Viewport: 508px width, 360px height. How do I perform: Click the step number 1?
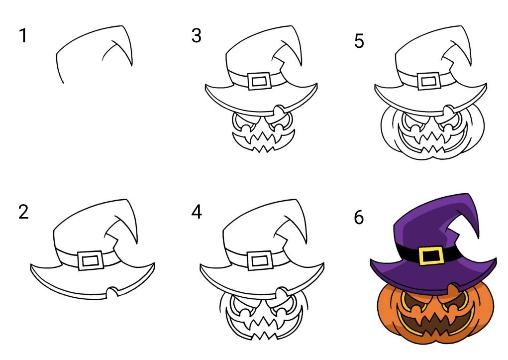(23, 36)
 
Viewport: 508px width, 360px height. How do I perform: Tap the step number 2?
(23, 212)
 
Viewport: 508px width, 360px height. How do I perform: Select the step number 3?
(197, 36)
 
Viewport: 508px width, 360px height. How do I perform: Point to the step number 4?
(197, 212)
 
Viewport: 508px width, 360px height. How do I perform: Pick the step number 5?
(359, 41)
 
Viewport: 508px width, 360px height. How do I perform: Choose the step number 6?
(359, 217)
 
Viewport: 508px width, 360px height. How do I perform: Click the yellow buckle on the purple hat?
(431, 255)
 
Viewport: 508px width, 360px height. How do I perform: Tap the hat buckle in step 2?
(91, 260)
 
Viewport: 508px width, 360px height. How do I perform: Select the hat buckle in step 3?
(260, 81)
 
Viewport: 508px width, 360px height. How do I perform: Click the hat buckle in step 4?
(260, 260)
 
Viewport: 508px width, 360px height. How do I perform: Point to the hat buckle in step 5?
(429, 81)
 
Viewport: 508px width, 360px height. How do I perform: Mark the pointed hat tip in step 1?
(122, 26)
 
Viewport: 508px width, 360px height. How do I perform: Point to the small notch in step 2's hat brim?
(112, 291)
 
